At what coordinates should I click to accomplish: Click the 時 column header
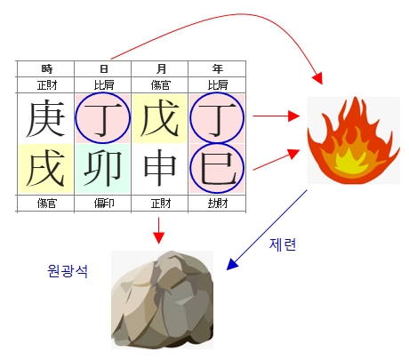click(47, 69)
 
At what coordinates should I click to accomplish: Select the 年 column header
click(218, 69)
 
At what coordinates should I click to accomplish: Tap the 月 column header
click(161, 69)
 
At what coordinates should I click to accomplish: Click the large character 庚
click(46, 118)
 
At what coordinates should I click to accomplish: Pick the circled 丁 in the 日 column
click(102, 118)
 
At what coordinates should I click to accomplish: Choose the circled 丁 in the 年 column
click(217, 118)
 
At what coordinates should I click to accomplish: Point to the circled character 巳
click(217, 168)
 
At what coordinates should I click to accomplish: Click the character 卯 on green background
click(103, 168)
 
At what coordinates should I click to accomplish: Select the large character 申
click(160, 168)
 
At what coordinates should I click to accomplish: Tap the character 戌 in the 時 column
click(46, 168)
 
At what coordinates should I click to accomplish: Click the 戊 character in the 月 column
click(160, 118)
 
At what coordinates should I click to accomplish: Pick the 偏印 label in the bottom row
click(104, 204)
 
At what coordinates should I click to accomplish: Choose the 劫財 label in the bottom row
click(218, 204)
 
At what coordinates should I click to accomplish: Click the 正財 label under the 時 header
click(47, 85)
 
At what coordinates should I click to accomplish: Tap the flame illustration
click(353, 140)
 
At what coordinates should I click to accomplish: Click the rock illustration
click(162, 300)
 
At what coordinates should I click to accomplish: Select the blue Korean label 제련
click(283, 244)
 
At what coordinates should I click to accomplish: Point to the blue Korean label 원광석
click(68, 270)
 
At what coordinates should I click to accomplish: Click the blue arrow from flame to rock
click(267, 230)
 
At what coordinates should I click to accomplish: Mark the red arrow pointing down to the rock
click(159, 230)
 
